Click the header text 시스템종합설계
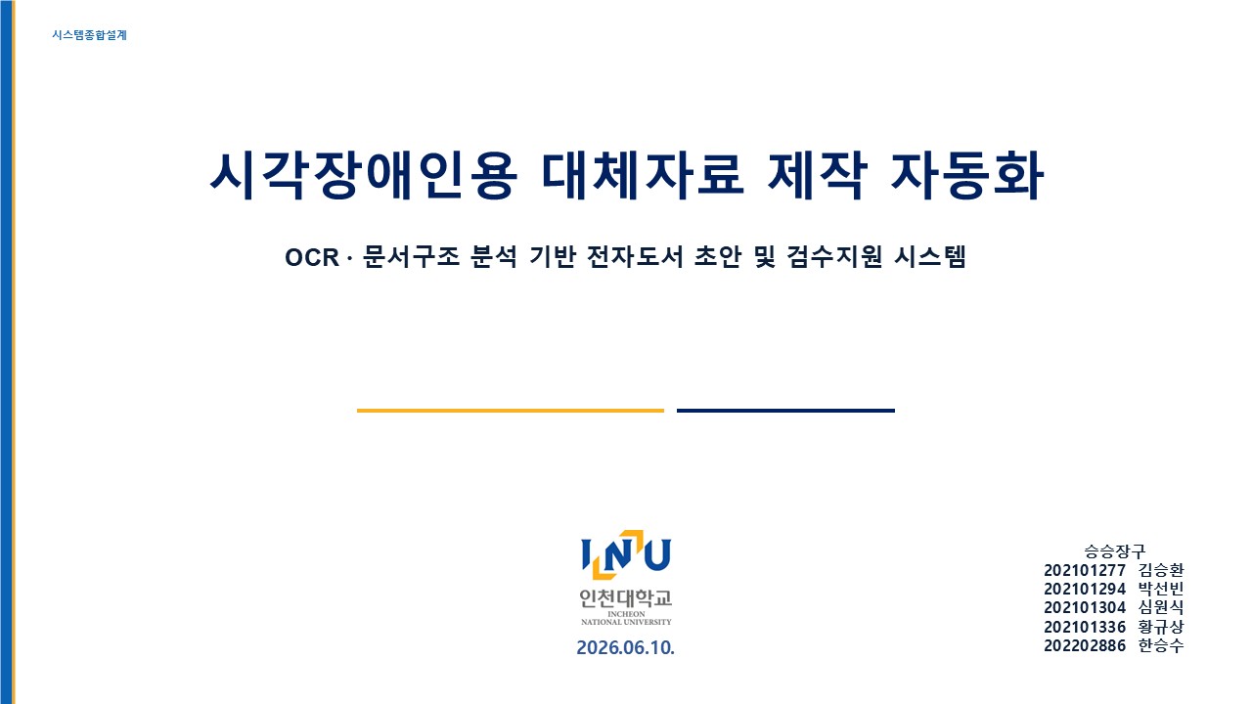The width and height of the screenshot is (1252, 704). point(89,35)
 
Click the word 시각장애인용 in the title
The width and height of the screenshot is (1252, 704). point(363,175)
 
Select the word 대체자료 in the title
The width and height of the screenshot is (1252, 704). point(643,175)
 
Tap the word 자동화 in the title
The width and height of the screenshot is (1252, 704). point(967,175)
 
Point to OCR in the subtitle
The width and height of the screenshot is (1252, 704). point(312,257)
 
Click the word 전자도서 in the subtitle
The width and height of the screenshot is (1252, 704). point(635,257)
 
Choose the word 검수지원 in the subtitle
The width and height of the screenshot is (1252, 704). point(834,257)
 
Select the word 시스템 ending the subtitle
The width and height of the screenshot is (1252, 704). point(930,257)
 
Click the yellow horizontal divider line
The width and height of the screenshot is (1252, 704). point(511,411)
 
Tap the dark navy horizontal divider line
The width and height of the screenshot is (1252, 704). point(785,411)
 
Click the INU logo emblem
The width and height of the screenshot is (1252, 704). point(626,554)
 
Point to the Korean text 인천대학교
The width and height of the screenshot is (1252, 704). point(626,598)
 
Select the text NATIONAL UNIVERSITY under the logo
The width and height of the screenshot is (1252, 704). point(626,622)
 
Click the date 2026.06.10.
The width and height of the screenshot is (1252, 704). point(625,647)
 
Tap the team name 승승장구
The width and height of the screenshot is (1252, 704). point(1114,551)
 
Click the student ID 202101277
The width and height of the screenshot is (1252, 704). point(1085,570)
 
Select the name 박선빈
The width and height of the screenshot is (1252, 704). point(1161,589)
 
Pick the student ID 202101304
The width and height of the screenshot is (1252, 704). point(1085,608)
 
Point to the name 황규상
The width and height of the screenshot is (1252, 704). point(1161,627)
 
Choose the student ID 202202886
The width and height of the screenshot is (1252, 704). point(1085,646)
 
